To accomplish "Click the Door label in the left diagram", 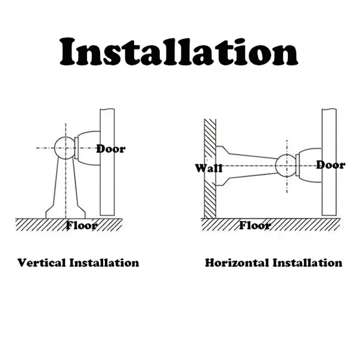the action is pos(111,148).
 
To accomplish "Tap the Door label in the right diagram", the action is pos(330,165).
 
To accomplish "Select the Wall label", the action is pos(208,169).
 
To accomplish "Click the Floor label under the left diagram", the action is pos(81,225).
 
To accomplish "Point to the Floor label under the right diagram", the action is pos(255,225).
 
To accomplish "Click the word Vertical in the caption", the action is pos(41,262).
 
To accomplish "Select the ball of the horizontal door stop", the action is pos(286,166).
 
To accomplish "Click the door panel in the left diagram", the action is pos(107,189).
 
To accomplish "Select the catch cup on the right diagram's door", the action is pos(309,166).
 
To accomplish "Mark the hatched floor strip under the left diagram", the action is pos(40,224).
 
